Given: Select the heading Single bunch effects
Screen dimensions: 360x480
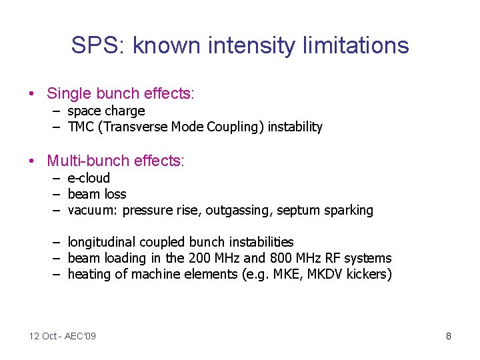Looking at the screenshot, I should point(120,93).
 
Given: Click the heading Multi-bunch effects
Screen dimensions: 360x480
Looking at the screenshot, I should point(115,161).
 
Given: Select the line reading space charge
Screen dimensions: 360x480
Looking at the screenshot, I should point(106,111).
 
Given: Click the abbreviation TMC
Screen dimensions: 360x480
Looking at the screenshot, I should point(81,127).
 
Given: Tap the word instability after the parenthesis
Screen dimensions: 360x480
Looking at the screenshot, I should point(295,127).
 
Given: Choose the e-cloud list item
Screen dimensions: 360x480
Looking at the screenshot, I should point(89,178).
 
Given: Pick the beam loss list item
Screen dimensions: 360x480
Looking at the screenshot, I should point(97,194).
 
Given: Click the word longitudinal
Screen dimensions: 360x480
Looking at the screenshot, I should point(102,242).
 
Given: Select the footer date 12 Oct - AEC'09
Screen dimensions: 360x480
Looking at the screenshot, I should point(63,336).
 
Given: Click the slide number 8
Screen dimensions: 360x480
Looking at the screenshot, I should point(449,336).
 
